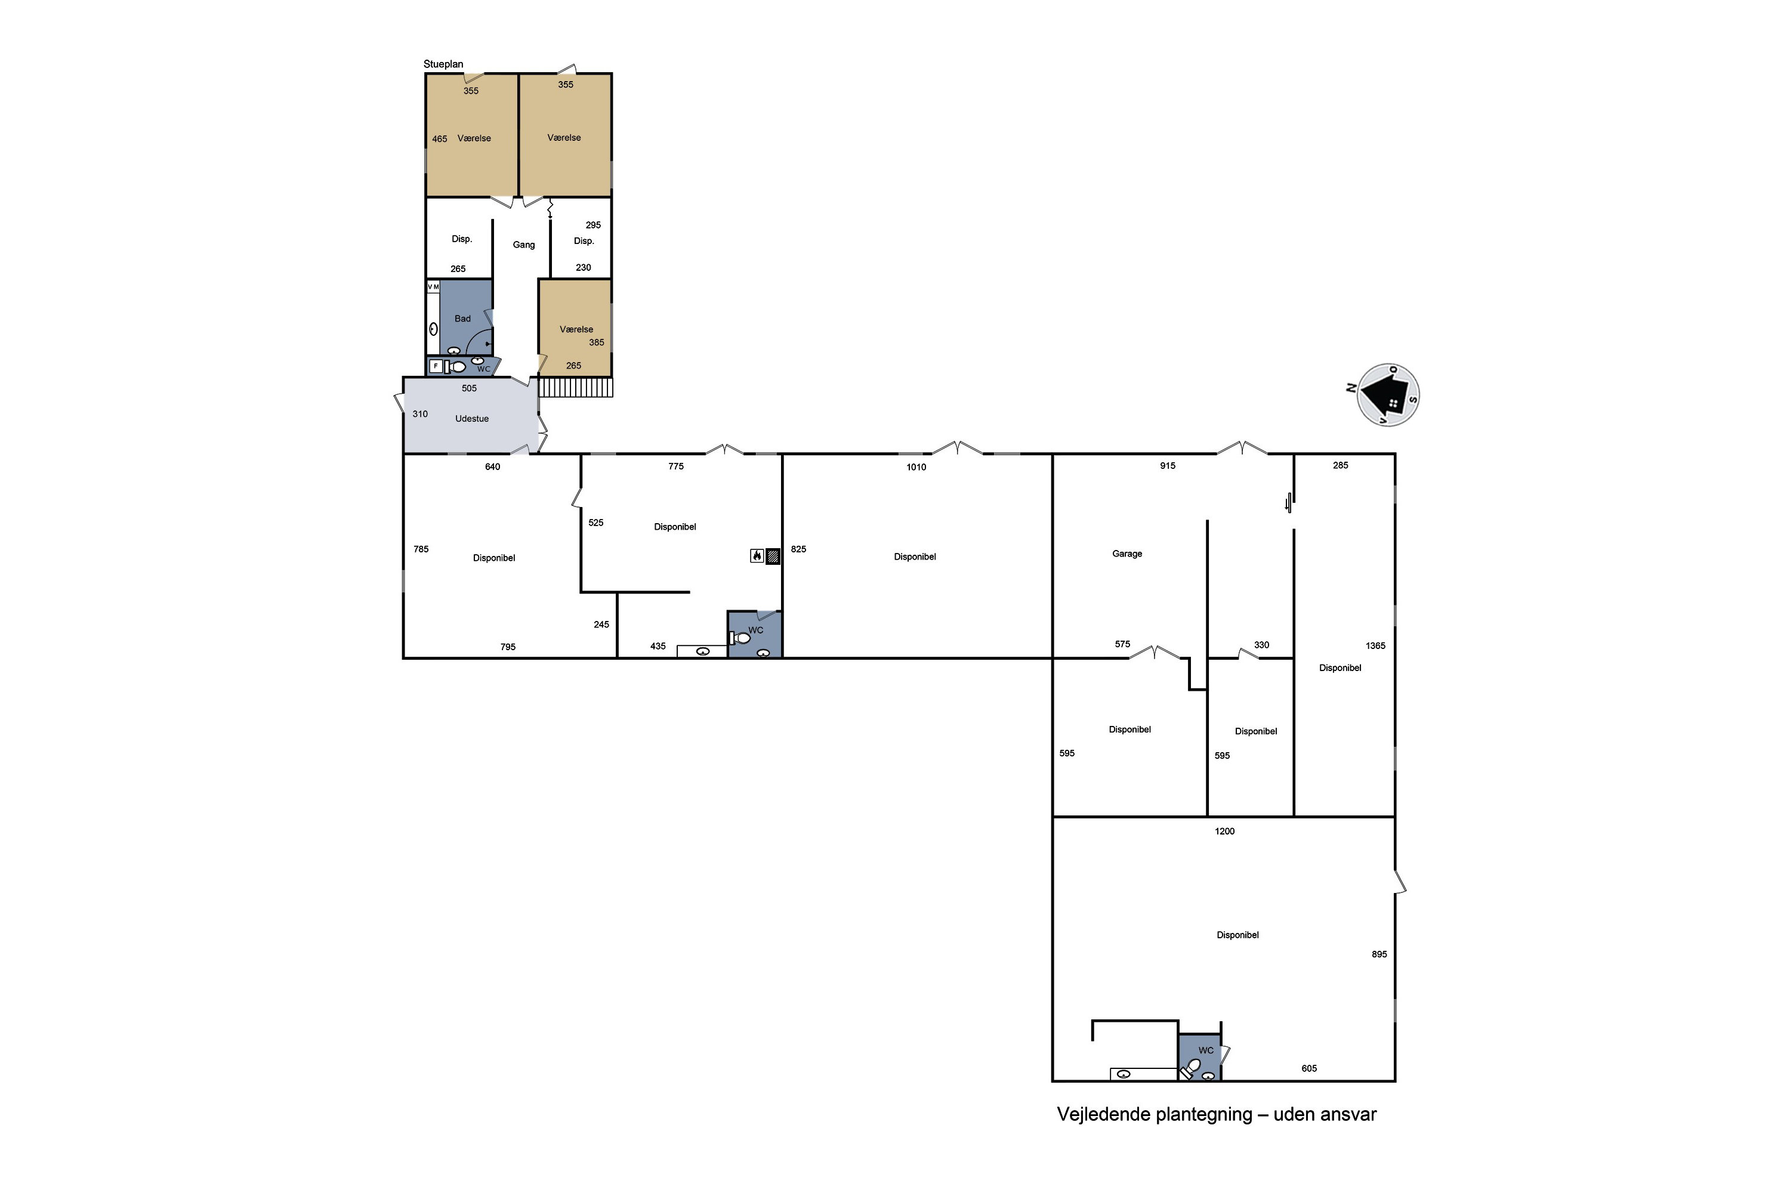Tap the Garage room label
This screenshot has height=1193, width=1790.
click(1127, 554)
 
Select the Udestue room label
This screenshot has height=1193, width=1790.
click(472, 419)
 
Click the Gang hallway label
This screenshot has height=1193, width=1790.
click(524, 245)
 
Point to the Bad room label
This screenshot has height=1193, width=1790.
click(463, 319)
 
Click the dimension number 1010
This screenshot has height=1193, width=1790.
click(916, 467)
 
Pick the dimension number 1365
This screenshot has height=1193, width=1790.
click(1375, 646)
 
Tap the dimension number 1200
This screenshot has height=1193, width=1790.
click(1224, 832)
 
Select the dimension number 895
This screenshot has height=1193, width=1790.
click(1379, 954)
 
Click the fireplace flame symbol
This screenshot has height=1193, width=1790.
click(757, 555)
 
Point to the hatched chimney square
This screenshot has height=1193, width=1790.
click(773, 556)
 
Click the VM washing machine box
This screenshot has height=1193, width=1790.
click(433, 287)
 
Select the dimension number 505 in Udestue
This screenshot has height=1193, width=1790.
click(469, 389)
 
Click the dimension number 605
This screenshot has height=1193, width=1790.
click(1309, 1069)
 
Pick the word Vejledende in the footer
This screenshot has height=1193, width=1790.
click(1106, 1115)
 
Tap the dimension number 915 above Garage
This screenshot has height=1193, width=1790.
click(1168, 466)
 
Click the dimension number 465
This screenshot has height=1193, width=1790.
click(439, 139)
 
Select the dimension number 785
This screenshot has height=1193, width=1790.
click(421, 549)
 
